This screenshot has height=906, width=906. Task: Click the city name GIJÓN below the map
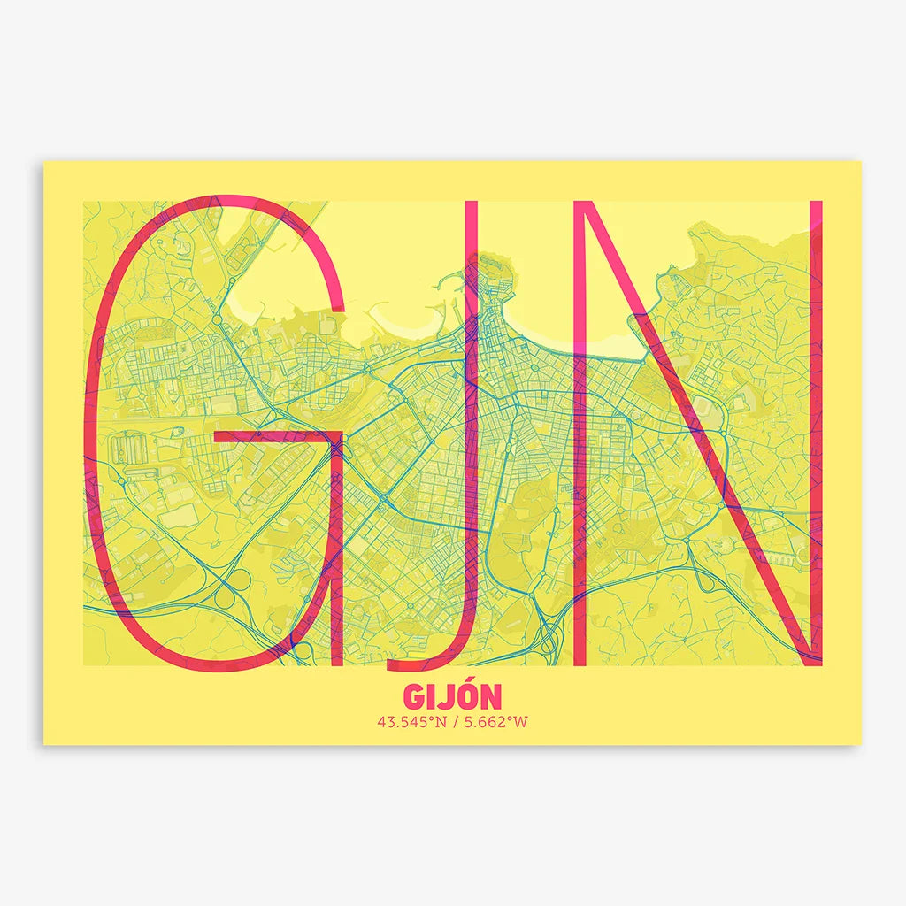[x=452, y=695]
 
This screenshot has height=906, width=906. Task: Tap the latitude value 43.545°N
[x=411, y=722]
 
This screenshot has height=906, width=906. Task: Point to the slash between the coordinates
[x=453, y=722]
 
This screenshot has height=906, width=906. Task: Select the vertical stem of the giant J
[x=472, y=398]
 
